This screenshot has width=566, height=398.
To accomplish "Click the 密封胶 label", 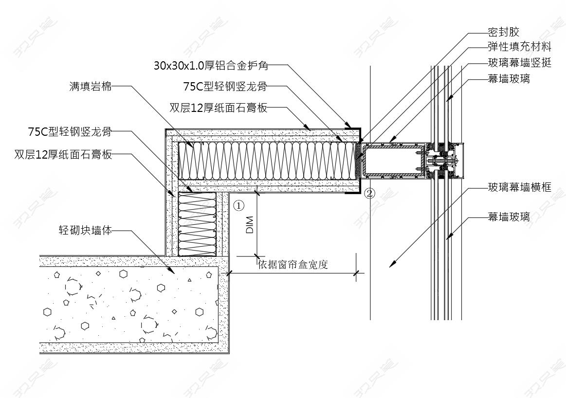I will click(503, 32).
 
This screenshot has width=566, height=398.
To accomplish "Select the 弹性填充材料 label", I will click(519, 47).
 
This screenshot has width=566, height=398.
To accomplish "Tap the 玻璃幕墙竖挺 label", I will click(519, 63).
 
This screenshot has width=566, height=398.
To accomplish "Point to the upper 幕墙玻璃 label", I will click(509, 79).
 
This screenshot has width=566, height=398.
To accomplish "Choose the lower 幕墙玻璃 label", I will click(509, 217).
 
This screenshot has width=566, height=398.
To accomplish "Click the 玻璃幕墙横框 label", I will click(519, 187).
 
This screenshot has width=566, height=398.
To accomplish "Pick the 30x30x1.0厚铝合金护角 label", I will click(211, 65).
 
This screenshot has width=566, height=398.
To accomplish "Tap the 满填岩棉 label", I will click(91, 87).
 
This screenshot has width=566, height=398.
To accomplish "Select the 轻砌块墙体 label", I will click(85, 230).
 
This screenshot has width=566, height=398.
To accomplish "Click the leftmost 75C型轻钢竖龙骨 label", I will click(70, 131).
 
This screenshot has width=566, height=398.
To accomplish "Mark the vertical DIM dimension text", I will click(250, 225).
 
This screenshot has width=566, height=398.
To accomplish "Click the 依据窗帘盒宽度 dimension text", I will click(293, 265).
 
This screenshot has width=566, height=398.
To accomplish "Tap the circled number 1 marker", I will click(238, 206).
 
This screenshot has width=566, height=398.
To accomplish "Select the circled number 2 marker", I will click(370, 193).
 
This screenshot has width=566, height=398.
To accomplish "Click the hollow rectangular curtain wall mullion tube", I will click(391, 160).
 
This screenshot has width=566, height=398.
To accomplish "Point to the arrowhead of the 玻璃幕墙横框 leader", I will click(391, 265).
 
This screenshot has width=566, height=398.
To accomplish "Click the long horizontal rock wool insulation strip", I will click(268, 160).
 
